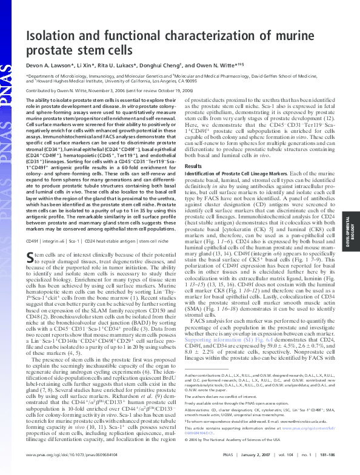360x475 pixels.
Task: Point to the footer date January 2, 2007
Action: pos(251,470)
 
